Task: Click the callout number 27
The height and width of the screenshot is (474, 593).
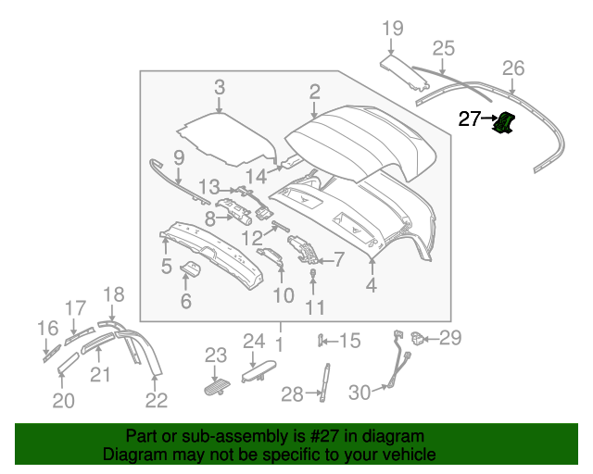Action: click(471, 118)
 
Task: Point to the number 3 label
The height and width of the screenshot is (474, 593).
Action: click(220, 88)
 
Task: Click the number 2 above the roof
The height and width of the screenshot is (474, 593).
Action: click(315, 91)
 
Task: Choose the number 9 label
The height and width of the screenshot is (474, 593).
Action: click(179, 156)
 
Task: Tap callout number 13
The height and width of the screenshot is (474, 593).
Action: click(208, 186)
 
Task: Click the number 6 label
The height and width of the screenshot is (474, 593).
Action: click(185, 301)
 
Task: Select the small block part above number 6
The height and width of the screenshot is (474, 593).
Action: click(193, 269)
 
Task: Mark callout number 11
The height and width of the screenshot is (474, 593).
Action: click(315, 306)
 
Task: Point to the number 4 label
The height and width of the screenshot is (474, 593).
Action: click(371, 286)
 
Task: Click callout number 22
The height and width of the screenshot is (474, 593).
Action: click(157, 400)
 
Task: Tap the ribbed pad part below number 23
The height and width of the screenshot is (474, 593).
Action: click(217, 385)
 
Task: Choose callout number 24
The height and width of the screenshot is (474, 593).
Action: click(255, 342)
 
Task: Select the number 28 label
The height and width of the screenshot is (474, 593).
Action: click(292, 395)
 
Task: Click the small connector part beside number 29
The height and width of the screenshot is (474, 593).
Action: click(418, 338)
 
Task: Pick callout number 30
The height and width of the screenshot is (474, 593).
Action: click(360, 393)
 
